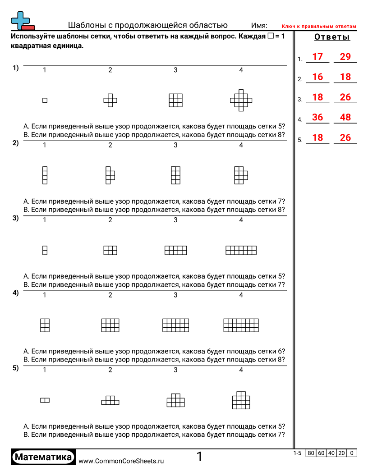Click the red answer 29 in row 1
tap(345, 57)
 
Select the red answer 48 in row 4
tap(345, 117)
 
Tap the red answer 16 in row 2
tap(317, 77)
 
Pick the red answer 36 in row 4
tap(317, 117)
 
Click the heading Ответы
tap(332, 37)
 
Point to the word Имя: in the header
tap(259, 26)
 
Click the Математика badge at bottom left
tap(43, 457)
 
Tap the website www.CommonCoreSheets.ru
tap(121, 461)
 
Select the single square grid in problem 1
tap(45, 100)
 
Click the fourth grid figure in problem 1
tap(241, 100)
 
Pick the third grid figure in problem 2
tap(176, 175)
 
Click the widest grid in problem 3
tap(241, 250)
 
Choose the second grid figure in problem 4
tap(110, 325)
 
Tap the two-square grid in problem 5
tap(45, 400)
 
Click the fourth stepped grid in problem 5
tap(241, 400)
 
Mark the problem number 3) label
tap(15, 218)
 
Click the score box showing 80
tap(311, 453)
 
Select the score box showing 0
tap(352, 453)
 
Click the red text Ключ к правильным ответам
tap(319, 26)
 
